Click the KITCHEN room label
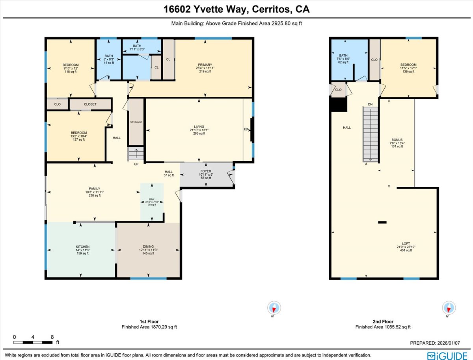(80, 247)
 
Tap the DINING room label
(148, 247)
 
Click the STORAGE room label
(136, 122)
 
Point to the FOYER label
(206, 171)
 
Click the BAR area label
(152, 199)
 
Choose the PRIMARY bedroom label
(205, 65)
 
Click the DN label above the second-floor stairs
(370, 104)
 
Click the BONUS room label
(397, 140)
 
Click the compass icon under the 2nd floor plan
(448, 308)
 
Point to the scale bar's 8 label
(52, 337)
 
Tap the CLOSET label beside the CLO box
(90, 104)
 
